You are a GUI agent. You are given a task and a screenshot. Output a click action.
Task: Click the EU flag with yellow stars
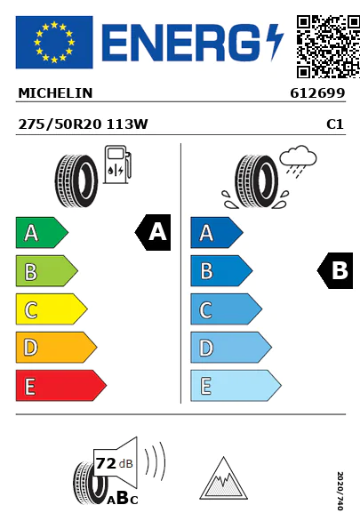[54, 42]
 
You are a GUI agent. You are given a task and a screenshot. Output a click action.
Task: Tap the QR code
[328, 46]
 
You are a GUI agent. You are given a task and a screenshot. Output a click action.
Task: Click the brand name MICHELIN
[55, 93]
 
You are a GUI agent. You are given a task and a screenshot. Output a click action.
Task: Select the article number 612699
[317, 93]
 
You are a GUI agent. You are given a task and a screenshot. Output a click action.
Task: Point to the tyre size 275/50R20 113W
[83, 124]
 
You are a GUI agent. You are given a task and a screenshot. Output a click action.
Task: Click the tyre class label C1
[335, 124]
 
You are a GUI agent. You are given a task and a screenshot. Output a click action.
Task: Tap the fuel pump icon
[117, 164]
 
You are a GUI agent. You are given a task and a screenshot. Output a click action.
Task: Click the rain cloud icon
[299, 159]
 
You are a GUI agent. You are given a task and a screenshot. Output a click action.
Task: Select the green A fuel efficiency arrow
[42, 232]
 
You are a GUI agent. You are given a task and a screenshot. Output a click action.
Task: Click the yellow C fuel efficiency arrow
[52, 309]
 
